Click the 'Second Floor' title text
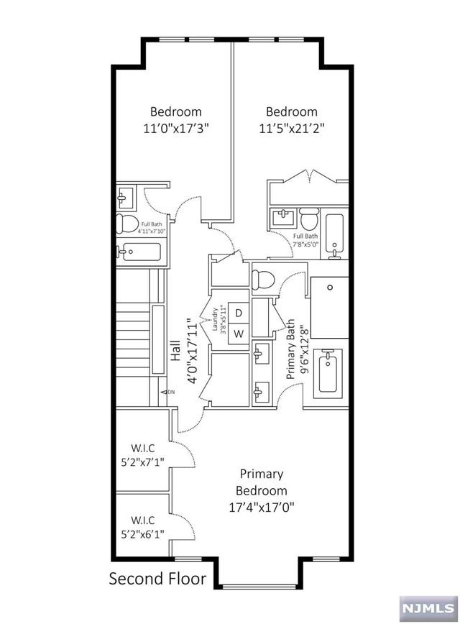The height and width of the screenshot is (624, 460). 157,579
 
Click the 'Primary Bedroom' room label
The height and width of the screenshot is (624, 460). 262,482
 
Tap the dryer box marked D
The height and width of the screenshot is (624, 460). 240,313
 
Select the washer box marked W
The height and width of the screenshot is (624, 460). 240,334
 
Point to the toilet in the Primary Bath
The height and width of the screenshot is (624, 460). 263,277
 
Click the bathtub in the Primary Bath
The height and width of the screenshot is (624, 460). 330,371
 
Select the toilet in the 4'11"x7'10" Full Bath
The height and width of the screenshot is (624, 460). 127,223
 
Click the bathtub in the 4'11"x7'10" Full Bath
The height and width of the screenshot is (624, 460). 142,251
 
